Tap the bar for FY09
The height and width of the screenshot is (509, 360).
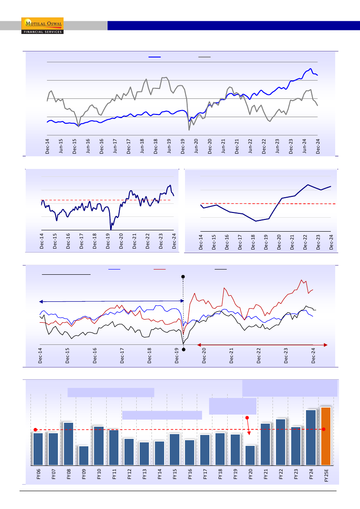coord(84,455)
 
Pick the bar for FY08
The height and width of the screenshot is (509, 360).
coord(68,443)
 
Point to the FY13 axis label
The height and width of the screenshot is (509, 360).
coord(145,474)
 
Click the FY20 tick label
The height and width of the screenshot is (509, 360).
coord(251,474)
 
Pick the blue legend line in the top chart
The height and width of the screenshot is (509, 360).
coord(155,57)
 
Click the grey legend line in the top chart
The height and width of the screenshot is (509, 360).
coord(205,57)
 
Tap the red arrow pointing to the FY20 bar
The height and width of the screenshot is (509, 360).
coord(248,427)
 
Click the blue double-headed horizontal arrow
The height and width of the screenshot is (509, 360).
coord(112,301)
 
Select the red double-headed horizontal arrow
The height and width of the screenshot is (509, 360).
coord(262,345)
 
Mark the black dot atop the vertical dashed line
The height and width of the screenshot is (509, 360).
coord(183,276)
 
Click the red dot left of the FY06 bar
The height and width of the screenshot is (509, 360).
coord(35,429)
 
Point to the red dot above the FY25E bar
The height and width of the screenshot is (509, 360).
coord(324,429)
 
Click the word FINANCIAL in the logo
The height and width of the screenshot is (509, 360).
coord(33,32)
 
